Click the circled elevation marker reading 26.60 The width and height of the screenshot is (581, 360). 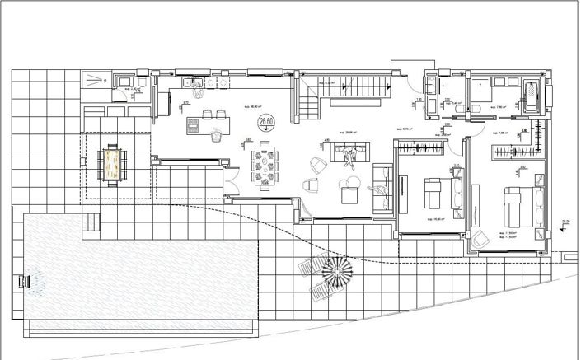(x=266, y=124)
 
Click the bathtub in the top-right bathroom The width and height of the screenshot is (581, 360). (x=531, y=98)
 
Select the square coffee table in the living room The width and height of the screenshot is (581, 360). (x=349, y=196)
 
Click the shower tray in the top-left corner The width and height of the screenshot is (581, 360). (x=97, y=79)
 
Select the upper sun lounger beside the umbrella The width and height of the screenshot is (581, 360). (x=308, y=264)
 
